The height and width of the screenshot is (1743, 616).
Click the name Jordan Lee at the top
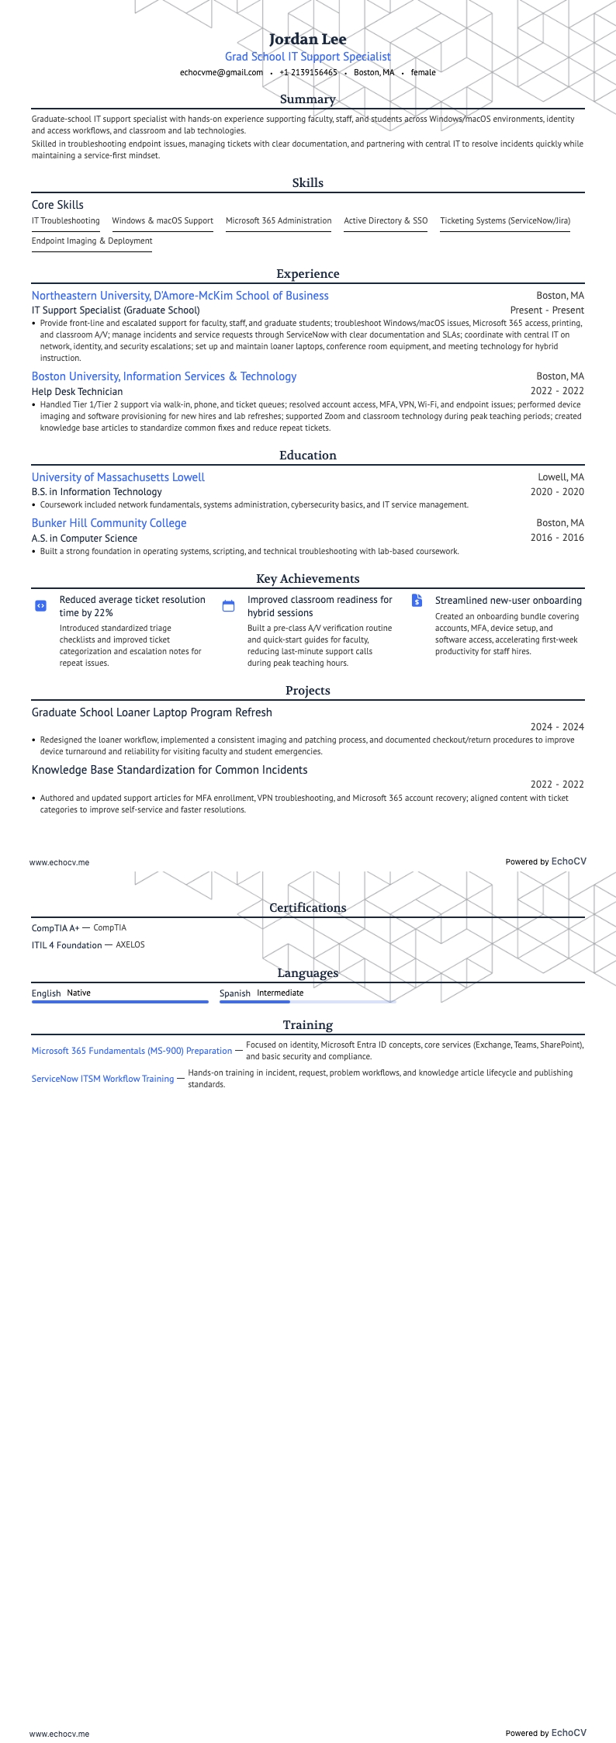tap(307, 39)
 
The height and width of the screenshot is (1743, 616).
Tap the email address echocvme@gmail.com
tap(221, 72)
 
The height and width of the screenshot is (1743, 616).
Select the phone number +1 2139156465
tap(308, 72)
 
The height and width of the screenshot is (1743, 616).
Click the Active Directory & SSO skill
tap(386, 221)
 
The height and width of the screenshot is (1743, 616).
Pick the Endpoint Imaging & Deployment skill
tap(92, 241)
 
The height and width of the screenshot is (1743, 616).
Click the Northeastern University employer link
tap(180, 296)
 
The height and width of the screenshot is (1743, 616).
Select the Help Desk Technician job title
tap(77, 391)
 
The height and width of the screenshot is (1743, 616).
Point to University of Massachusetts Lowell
tap(118, 477)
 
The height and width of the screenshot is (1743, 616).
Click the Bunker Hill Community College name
tap(109, 523)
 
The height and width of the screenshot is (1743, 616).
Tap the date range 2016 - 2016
tap(557, 538)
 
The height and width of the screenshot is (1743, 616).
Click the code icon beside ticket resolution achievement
tap(41, 606)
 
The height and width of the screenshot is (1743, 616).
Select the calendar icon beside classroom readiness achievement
tap(228, 606)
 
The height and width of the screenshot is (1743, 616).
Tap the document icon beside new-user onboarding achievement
tap(417, 601)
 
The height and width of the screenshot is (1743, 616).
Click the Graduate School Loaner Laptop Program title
tap(152, 712)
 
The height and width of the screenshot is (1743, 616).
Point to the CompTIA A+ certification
tap(55, 928)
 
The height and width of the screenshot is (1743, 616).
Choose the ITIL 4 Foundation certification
tap(67, 945)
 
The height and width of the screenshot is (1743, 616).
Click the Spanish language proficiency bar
tap(307, 1002)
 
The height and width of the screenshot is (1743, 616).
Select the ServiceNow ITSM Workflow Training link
tap(102, 1079)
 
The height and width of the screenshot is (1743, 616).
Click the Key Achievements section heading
tap(307, 579)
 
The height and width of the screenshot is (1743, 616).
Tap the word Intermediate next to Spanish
tap(280, 993)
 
